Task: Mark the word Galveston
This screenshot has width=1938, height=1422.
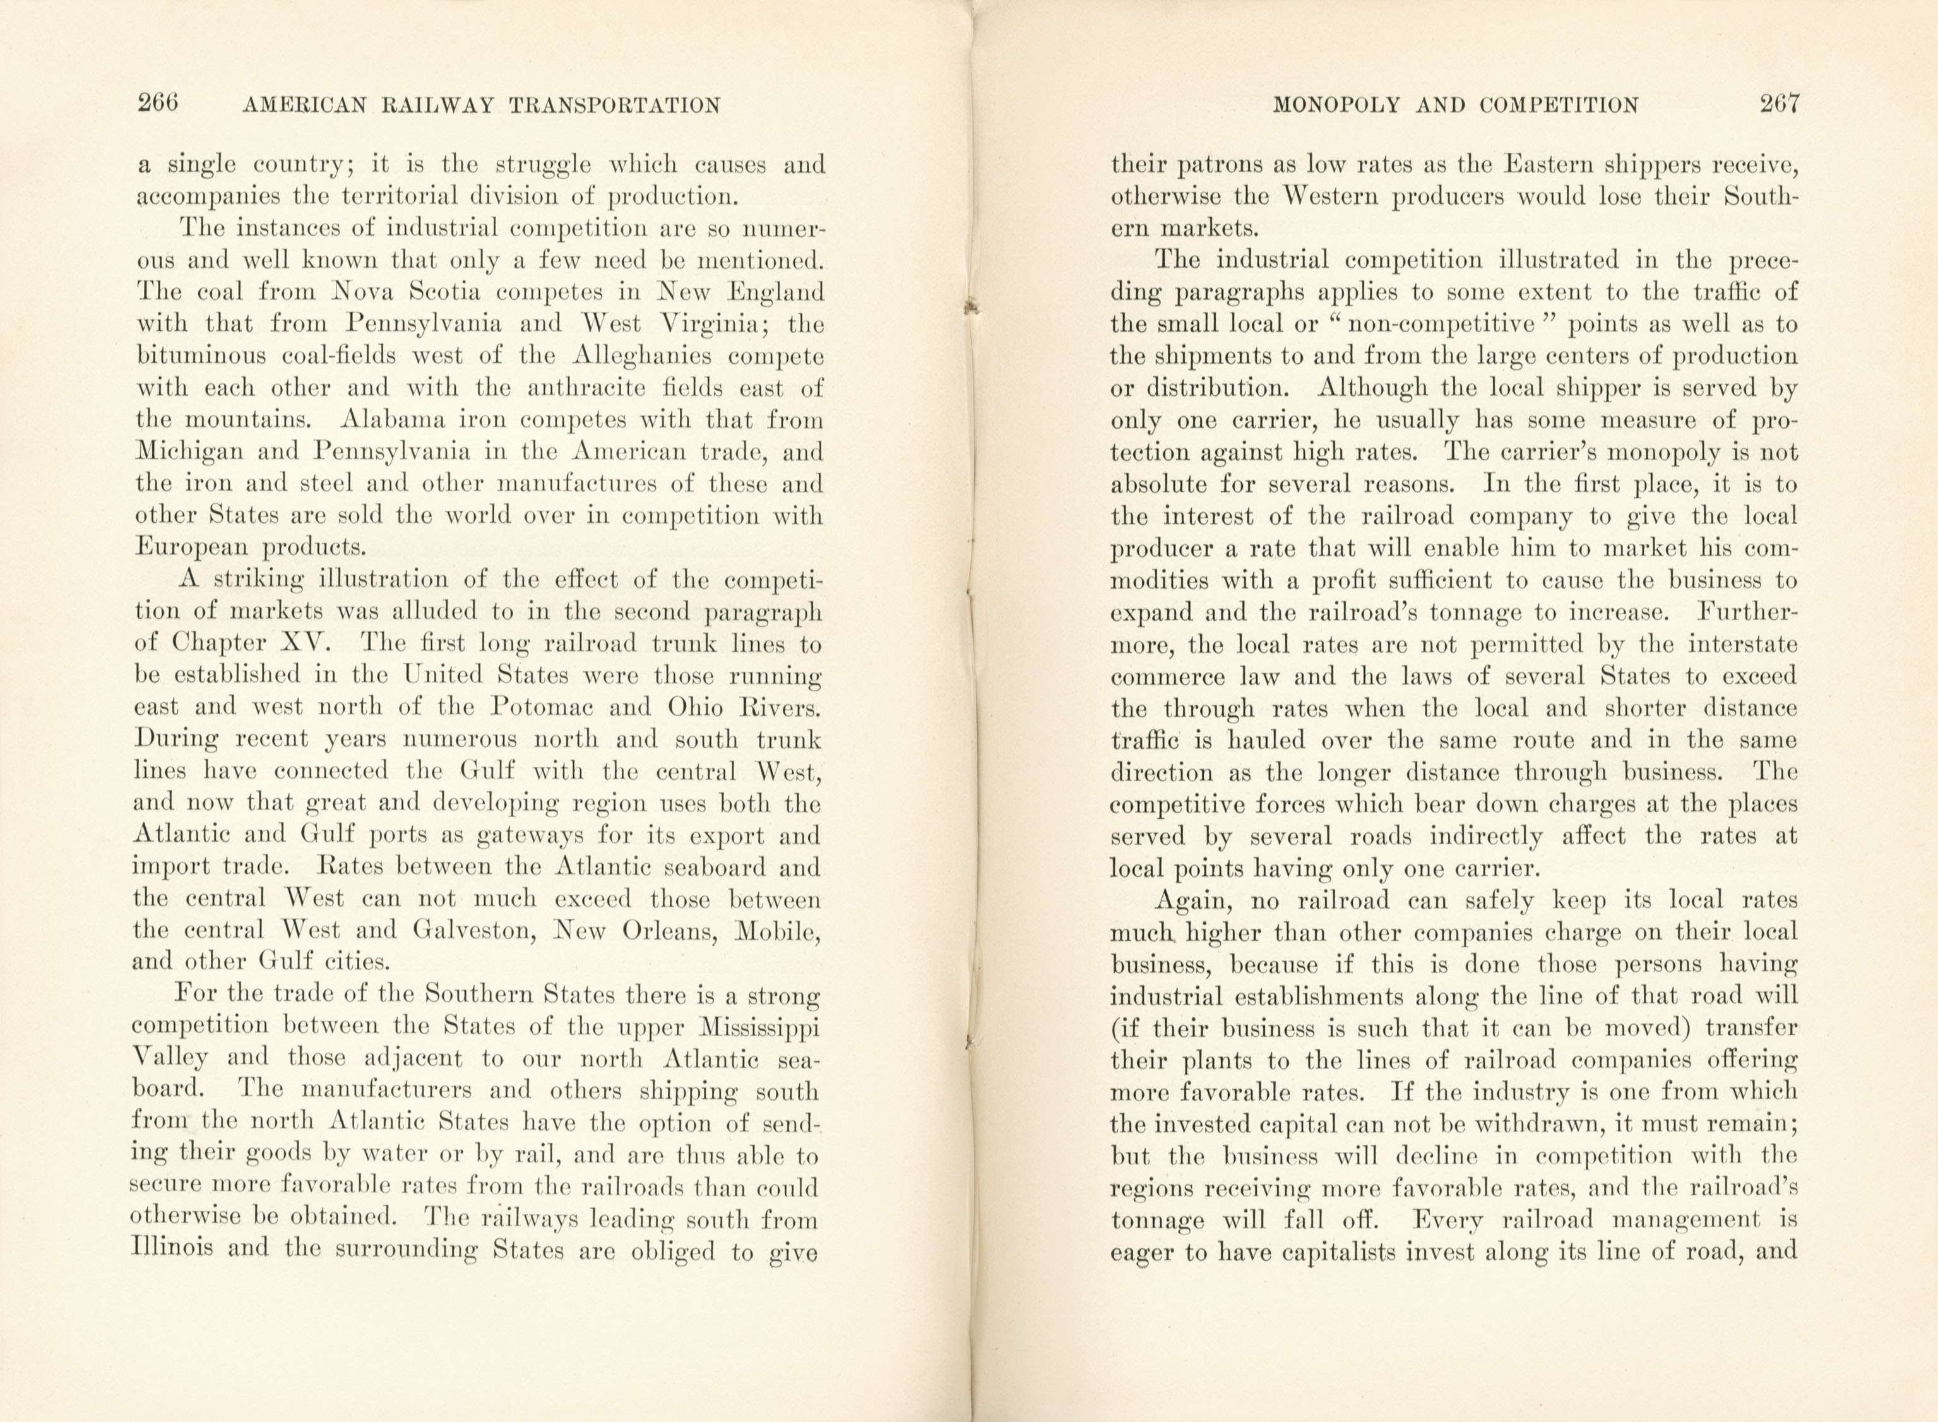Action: click(x=472, y=931)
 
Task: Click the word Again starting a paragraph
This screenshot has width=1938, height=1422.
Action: click(x=1192, y=900)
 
